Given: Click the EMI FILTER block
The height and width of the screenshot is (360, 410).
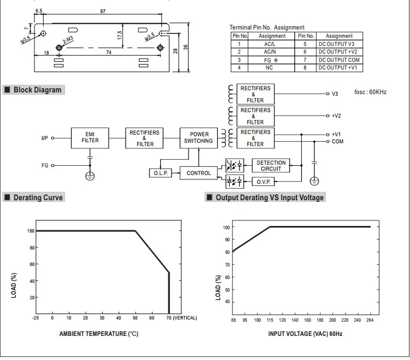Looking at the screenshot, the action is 90,138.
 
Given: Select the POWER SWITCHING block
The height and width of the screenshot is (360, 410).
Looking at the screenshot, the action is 198,138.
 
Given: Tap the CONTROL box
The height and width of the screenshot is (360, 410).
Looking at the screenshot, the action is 198,173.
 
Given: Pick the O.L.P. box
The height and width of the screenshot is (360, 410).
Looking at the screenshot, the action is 161,173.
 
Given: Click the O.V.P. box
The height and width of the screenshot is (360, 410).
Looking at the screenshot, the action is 263,182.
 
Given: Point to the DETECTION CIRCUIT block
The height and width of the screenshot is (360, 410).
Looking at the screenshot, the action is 271,165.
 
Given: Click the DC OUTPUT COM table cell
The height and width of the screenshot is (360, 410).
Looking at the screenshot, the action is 339,60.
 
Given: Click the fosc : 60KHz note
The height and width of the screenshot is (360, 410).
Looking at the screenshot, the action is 370,92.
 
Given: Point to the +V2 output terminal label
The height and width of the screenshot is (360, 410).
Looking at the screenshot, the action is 336,115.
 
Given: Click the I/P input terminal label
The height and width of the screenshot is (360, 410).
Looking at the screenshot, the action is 44,138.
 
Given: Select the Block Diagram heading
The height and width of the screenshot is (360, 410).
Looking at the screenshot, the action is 37,90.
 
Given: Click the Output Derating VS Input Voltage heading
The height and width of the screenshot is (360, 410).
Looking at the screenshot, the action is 270,198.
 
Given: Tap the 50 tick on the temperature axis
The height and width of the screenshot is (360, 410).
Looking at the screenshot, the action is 135,318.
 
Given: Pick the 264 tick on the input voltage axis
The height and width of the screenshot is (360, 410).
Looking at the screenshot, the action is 370,320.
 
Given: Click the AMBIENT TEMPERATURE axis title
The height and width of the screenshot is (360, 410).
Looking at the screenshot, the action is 98,334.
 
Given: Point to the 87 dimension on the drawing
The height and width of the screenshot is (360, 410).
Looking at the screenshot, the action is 103,11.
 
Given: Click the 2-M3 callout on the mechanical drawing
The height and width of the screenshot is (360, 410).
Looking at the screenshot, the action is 68,40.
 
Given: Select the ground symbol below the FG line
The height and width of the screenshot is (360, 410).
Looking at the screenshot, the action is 90,176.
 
